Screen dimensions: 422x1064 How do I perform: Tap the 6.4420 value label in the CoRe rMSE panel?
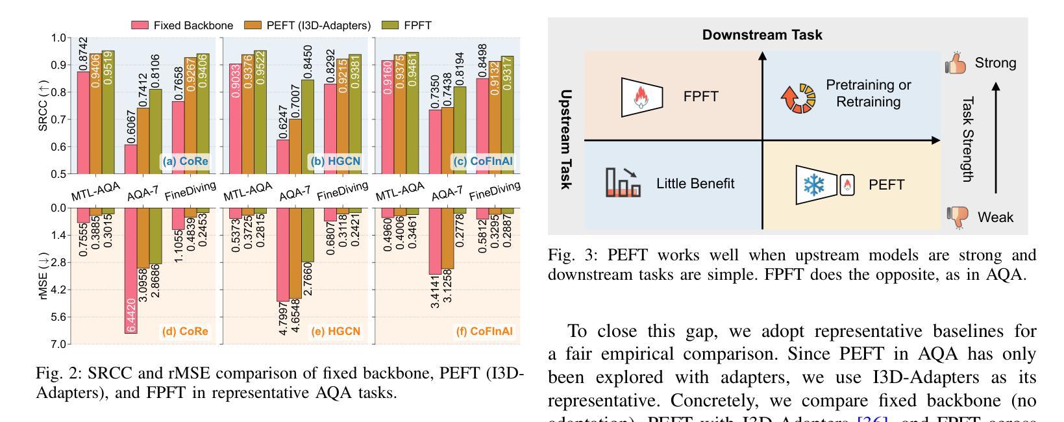pyautogui.click(x=131, y=319)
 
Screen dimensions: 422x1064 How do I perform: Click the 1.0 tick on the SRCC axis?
pyautogui.click(x=58, y=38)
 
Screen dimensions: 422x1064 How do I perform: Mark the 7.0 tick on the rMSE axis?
pyautogui.click(x=58, y=343)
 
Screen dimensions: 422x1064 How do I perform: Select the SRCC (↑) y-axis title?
pyautogui.click(x=43, y=105)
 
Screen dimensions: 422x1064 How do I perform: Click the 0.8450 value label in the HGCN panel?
pyautogui.click(x=308, y=62)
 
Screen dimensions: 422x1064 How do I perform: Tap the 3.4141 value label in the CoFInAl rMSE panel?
pyautogui.click(x=436, y=291)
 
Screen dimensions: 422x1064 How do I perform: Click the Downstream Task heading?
pyautogui.click(x=762, y=35)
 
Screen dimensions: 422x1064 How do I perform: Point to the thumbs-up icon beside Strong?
pyautogui.click(x=956, y=64)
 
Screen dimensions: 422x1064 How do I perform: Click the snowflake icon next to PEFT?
pyautogui.click(x=812, y=185)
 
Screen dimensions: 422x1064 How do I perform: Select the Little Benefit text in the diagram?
pyautogui.click(x=695, y=183)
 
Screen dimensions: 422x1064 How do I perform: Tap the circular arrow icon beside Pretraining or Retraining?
pyautogui.click(x=797, y=96)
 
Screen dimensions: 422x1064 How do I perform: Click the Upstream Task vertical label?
pyautogui.click(x=566, y=139)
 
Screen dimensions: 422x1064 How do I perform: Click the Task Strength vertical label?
pyautogui.click(x=968, y=139)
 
